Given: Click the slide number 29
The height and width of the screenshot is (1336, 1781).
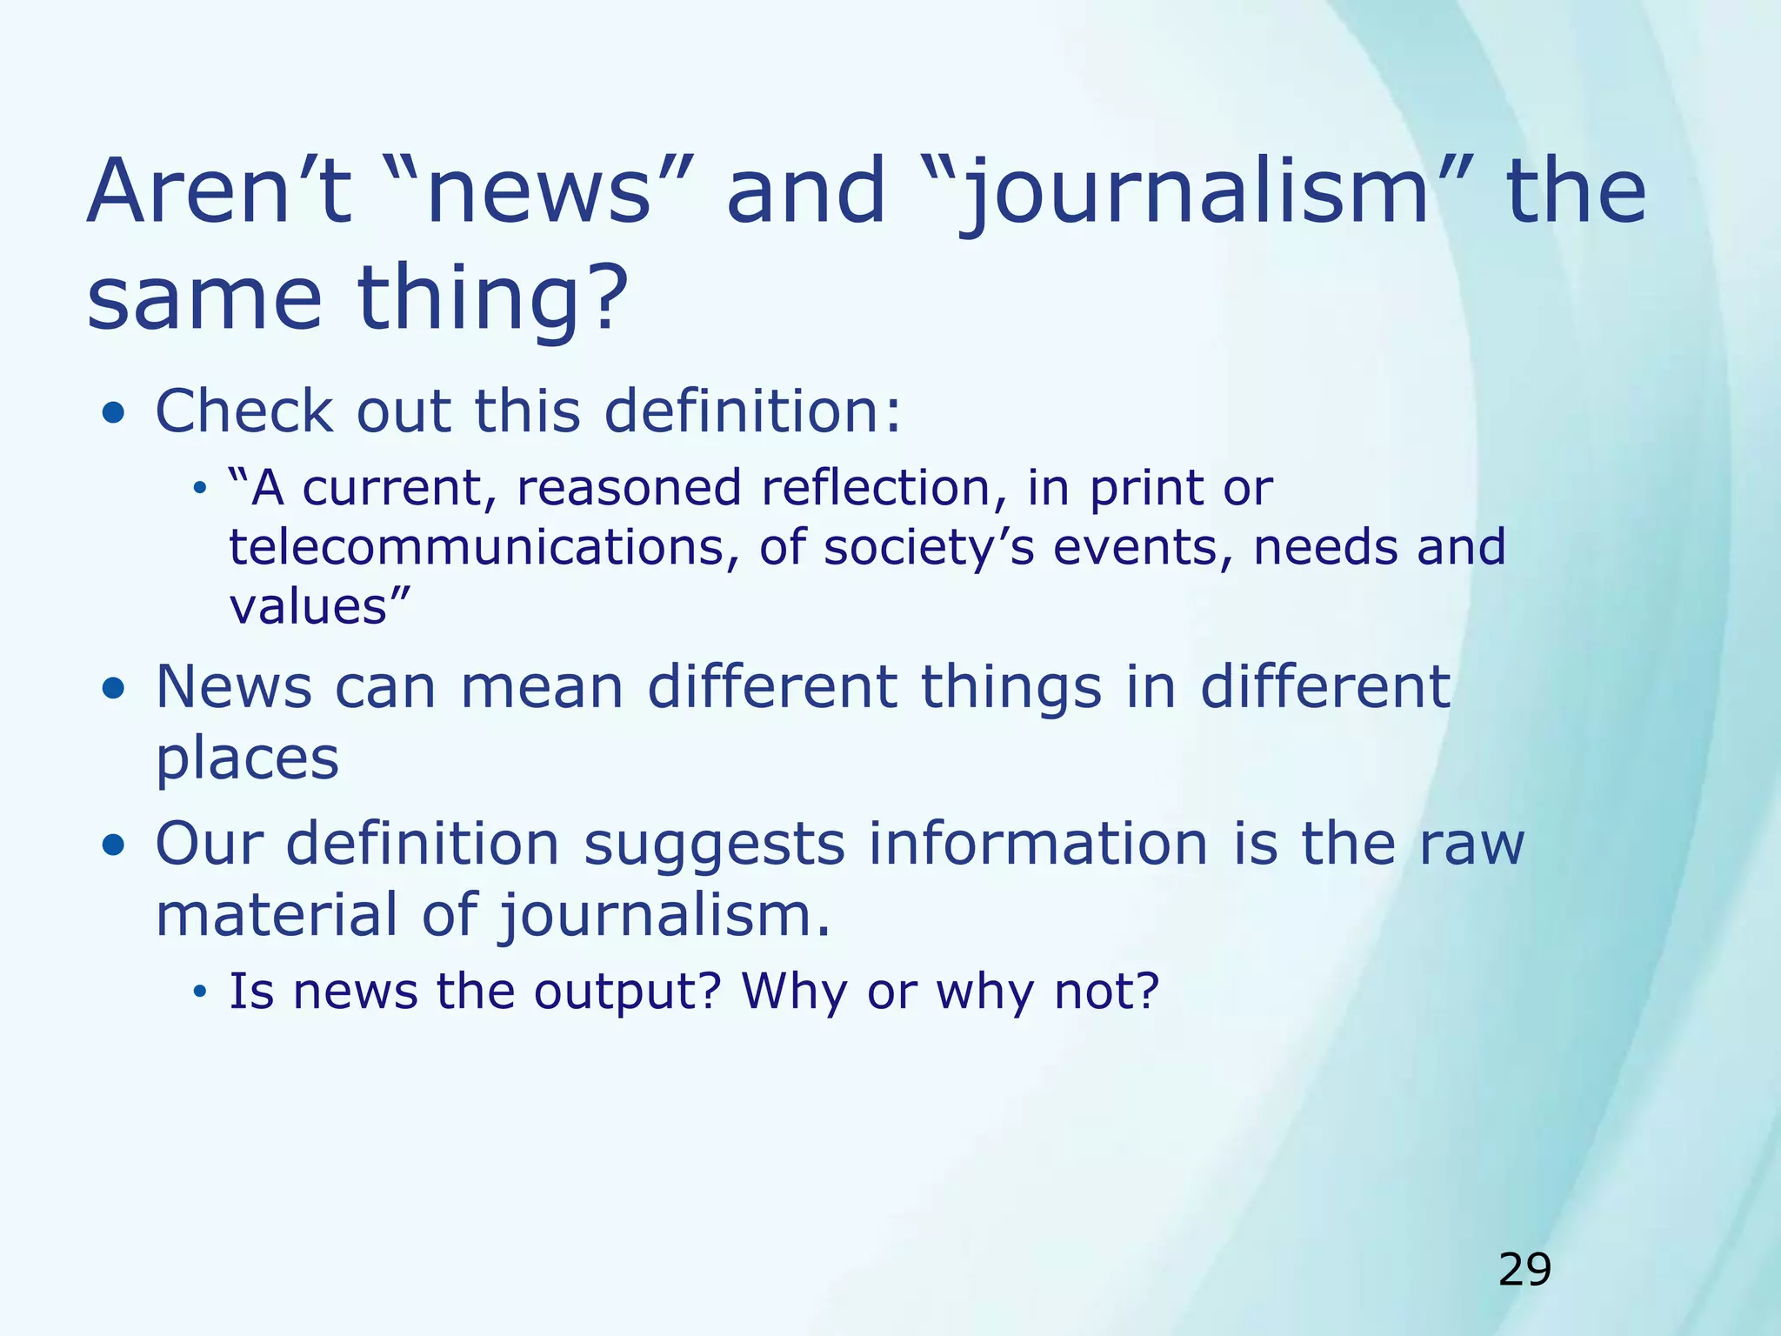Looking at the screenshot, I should [x=1524, y=1270].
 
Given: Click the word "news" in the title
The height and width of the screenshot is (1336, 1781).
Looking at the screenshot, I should [x=539, y=191].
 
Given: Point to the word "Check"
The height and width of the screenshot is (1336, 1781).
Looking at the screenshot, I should [x=243, y=411].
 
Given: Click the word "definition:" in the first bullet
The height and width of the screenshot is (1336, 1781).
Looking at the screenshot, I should [x=753, y=411].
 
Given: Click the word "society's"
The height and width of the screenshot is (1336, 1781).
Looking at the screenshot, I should [x=929, y=548].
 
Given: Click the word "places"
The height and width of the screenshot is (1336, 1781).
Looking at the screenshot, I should [x=247, y=759].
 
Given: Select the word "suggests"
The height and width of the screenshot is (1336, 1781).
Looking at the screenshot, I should [x=714, y=844].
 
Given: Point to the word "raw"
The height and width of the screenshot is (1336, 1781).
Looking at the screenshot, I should [x=1471, y=844].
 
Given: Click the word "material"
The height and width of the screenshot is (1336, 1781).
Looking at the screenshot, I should [x=277, y=915].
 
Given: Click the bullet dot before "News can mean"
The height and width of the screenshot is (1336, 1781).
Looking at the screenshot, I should [x=113, y=689].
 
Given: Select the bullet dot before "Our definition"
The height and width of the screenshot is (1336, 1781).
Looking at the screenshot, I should [x=113, y=845].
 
